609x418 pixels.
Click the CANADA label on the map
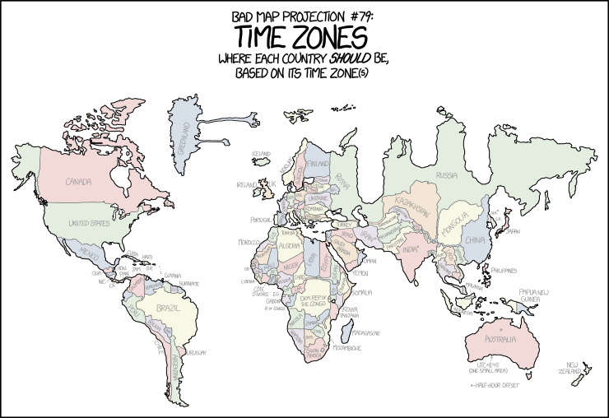(x=78, y=181)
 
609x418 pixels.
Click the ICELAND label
(x=262, y=153)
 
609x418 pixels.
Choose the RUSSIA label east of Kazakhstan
(x=447, y=175)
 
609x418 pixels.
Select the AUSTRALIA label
(x=499, y=339)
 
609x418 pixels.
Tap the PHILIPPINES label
(x=509, y=270)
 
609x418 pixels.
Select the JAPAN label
(x=514, y=231)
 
